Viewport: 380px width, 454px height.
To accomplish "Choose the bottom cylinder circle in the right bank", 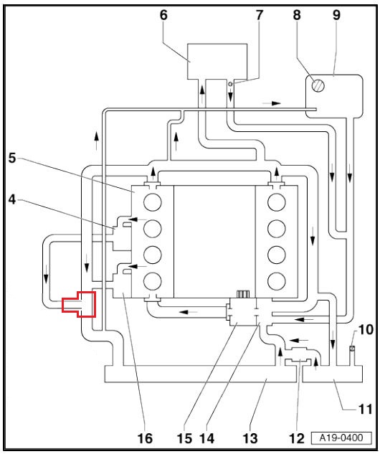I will pyautogui.click(x=276, y=280).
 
